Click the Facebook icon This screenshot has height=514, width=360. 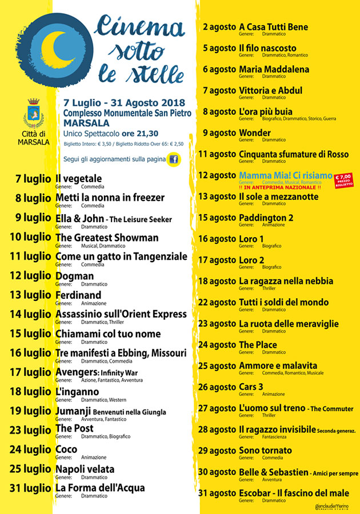coord(174,159)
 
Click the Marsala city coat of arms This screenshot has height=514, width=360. coord(34,115)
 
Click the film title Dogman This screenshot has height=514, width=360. coord(74,276)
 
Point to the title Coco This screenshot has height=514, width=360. coord(66,449)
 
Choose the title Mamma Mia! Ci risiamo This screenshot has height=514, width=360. coord(286,175)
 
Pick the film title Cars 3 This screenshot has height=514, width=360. coord(251,387)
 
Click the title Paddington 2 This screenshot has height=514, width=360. coord(266,218)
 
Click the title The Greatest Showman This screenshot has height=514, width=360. coord(107,238)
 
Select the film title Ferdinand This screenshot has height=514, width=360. coord(78,295)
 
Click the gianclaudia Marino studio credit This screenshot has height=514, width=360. coord(333,507)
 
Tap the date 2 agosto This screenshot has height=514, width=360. coord(219,27)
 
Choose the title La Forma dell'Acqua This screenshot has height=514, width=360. coord(100,488)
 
